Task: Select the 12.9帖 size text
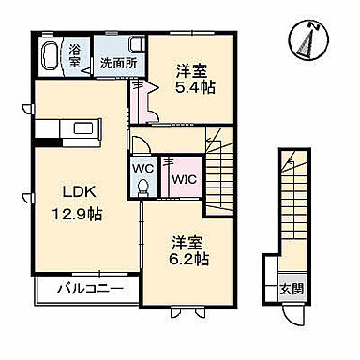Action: (76, 214)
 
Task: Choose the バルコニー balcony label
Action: (89, 288)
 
